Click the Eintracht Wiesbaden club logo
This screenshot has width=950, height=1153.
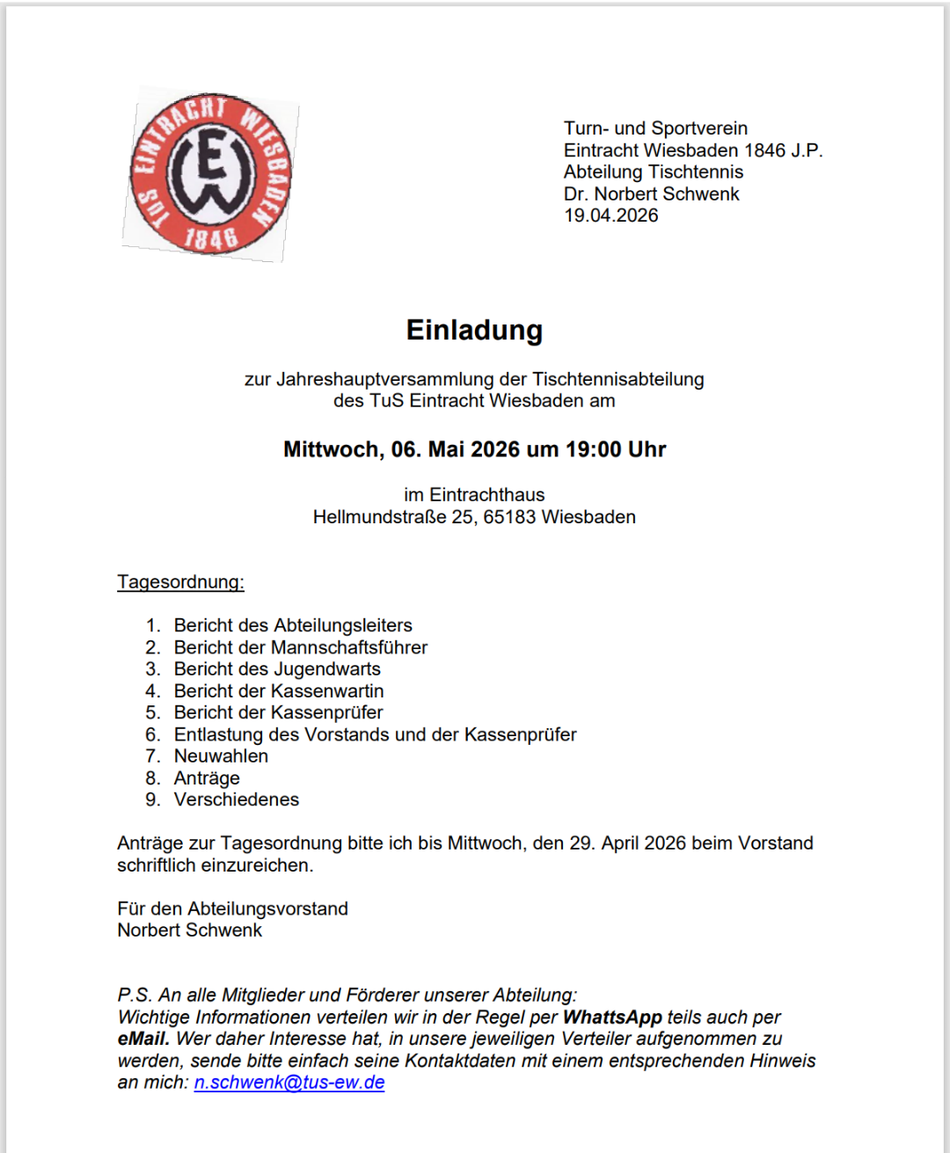210,174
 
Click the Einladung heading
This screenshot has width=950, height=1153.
474,330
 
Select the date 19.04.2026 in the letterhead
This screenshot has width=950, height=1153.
610,215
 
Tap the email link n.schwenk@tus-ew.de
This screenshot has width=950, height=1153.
289,1083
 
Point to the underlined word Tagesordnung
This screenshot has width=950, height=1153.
180,582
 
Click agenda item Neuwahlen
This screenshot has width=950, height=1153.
221,756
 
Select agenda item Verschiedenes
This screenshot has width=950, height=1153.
236,799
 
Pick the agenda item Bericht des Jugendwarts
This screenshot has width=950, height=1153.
277,669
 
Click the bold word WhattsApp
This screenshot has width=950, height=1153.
612,1018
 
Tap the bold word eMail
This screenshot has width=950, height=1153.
143,1039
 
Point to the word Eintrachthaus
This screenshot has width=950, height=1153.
486,495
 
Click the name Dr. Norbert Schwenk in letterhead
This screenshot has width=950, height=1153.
651,193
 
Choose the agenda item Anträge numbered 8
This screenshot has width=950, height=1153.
207,778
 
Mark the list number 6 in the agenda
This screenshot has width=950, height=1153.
153,734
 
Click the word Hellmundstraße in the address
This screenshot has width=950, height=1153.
380,517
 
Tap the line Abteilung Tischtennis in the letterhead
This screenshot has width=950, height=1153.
654,171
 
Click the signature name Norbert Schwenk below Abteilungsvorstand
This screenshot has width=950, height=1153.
190,930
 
